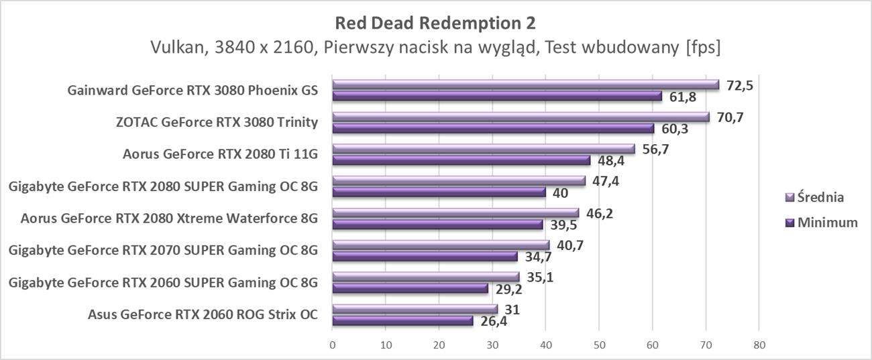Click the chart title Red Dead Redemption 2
point(435,23)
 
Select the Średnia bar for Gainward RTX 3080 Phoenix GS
point(525,85)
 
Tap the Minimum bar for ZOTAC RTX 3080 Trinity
point(493,128)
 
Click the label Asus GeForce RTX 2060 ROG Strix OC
point(203,314)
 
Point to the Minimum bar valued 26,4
point(402,320)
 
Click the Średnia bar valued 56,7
point(483,149)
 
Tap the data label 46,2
point(600,214)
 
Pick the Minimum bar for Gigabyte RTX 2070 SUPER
point(425,256)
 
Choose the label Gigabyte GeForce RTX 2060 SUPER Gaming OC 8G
point(163,282)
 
